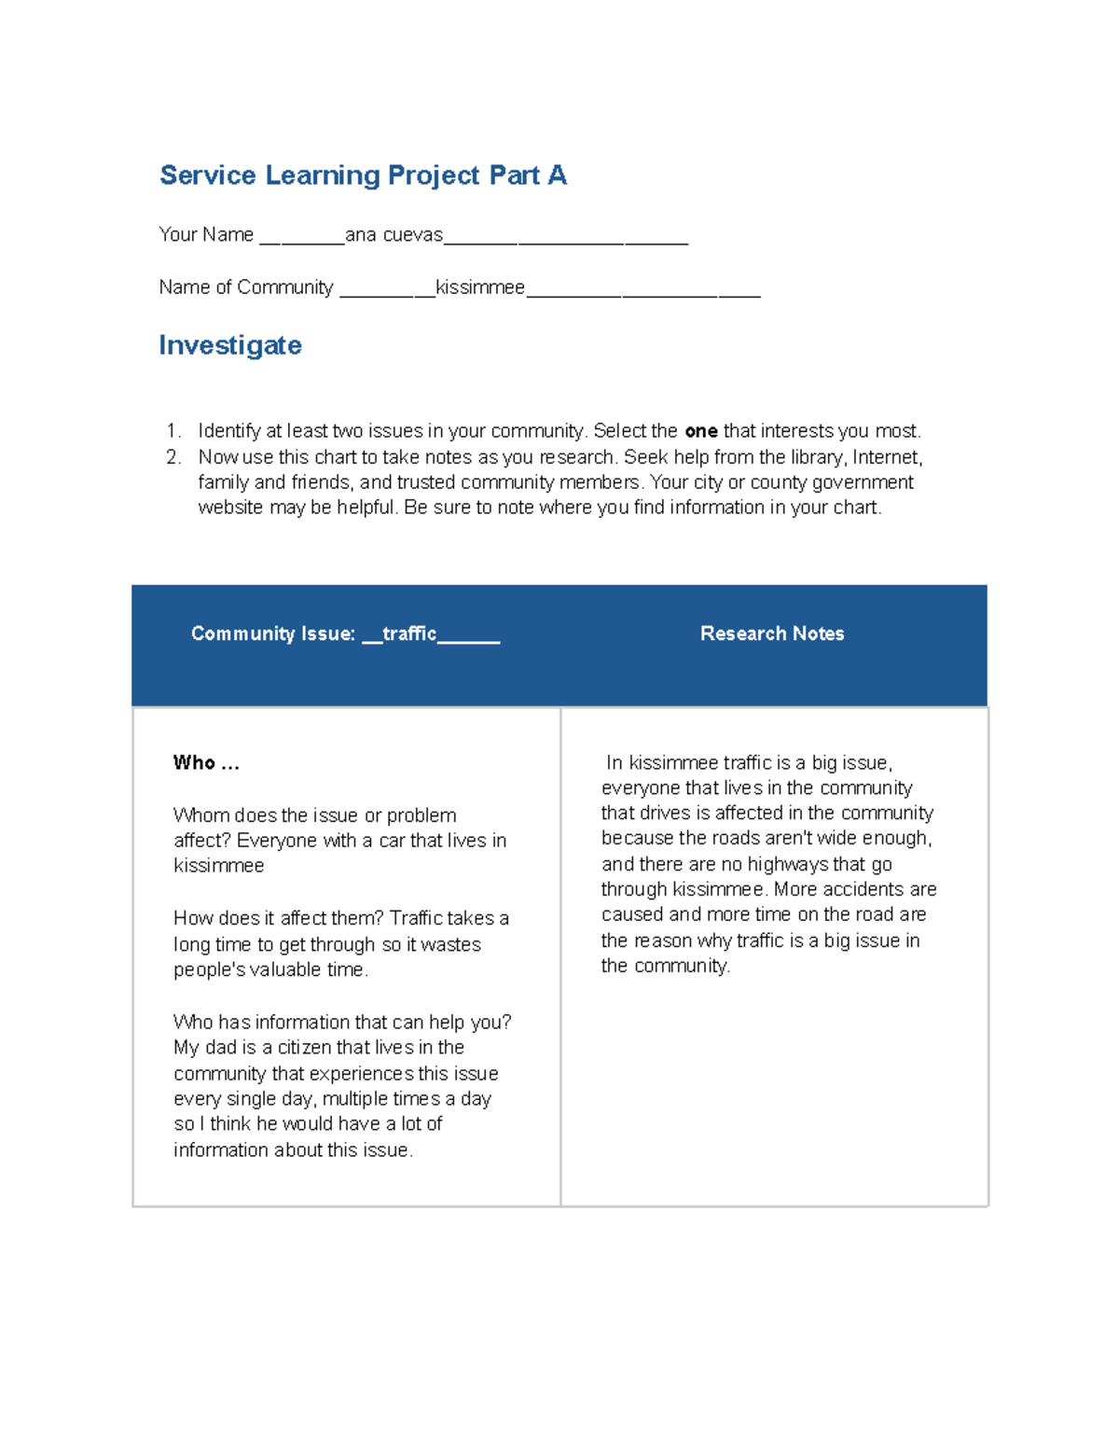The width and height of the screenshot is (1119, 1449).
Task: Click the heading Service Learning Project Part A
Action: pos(363,175)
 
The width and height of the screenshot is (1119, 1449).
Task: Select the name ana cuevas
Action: pos(394,235)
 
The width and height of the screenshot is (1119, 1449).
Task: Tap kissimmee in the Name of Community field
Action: pos(480,287)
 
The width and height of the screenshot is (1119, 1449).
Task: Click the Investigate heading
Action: pos(230,345)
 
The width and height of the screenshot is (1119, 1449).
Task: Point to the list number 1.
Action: pos(173,431)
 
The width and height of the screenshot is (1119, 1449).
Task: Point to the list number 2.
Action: pos(173,457)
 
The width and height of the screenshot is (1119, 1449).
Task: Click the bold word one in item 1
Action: pos(700,431)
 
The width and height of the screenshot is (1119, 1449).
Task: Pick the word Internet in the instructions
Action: pos(887,457)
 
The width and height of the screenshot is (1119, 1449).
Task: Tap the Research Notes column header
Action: pos(772,634)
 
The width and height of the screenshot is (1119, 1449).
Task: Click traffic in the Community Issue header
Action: pos(409,634)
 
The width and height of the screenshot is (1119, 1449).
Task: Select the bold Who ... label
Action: pos(206,763)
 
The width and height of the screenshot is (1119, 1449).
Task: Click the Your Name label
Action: pos(206,235)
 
